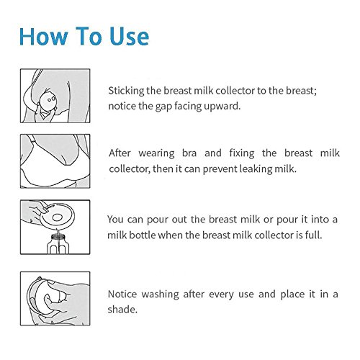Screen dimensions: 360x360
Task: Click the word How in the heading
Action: (43, 36)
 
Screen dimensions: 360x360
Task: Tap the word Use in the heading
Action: (130, 36)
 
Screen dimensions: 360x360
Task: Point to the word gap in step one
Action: (163, 107)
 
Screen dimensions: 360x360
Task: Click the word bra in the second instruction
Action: (189, 153)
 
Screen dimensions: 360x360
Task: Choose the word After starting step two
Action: (120, 153)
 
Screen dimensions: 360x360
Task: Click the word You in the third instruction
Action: (115, 220)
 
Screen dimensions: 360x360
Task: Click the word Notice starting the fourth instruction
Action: (122, 294)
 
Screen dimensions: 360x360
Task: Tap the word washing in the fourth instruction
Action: (160, 294)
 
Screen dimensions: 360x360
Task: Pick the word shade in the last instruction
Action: (122, 310)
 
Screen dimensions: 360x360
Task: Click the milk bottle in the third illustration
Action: (58, 244)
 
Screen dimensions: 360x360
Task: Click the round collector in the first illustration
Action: (48, 101)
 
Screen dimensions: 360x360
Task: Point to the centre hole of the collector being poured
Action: (58, 217)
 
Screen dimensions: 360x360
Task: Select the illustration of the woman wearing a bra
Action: (55, 161)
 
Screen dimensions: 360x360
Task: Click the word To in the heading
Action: (89, 36)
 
